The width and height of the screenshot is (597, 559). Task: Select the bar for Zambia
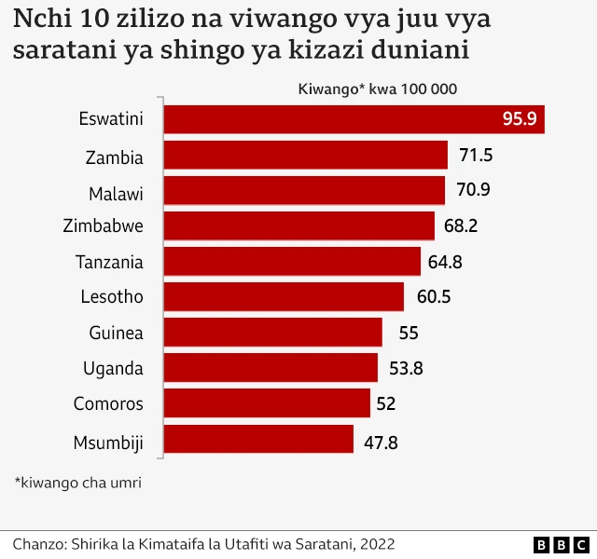[x=306, y=156]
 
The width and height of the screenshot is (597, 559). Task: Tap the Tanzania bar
[x=293, y=262]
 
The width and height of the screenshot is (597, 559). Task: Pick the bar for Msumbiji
[x=259, y=440]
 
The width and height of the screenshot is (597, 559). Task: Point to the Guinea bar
[x=273, y=333]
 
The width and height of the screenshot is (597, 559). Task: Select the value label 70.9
[x=472, y=191]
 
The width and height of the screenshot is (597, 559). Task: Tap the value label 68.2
[x=462, y=226]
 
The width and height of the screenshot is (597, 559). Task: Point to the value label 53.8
[x=406, y=368]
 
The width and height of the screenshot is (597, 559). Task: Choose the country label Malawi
[x=116, y=191]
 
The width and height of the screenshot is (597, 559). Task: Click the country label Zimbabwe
[x=103, y=226]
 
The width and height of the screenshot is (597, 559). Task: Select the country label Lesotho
[x=112, y=297]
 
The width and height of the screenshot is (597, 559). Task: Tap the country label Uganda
[x=113, y=368]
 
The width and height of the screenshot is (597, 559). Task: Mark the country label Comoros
[x=108, y=403]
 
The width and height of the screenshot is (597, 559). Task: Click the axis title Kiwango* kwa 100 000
[x=377, y=89]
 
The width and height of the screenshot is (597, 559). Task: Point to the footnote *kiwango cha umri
[x=77, y=483]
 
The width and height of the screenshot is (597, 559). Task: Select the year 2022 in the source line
[x=375, y=544]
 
